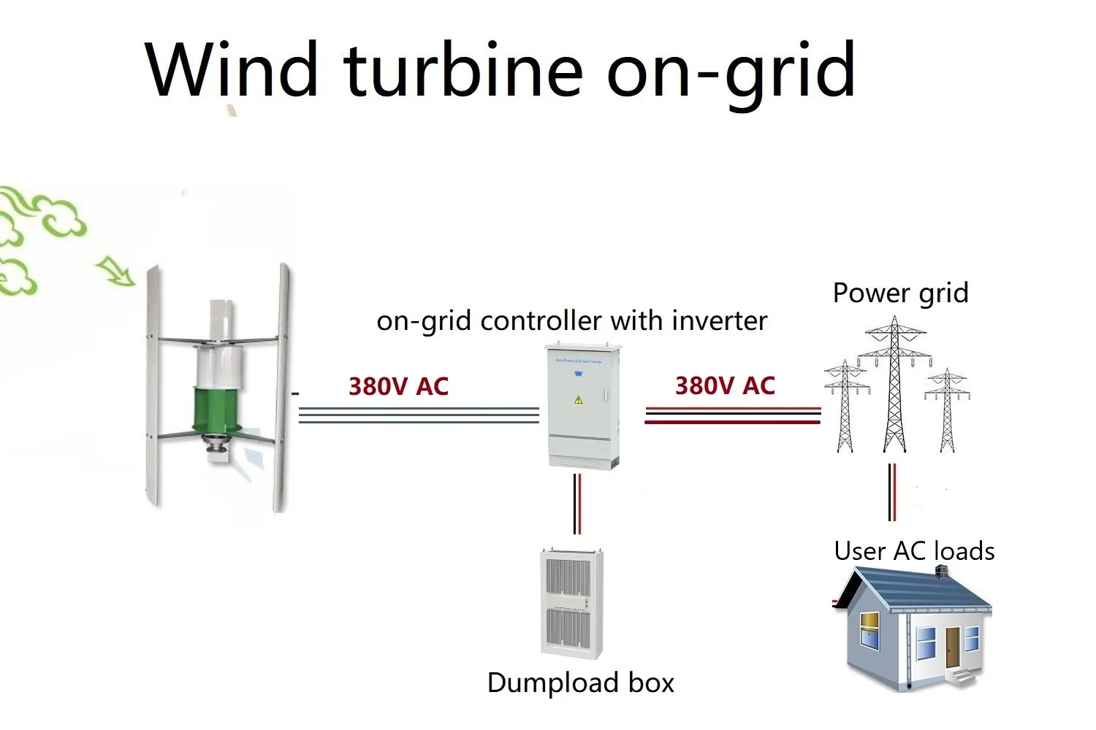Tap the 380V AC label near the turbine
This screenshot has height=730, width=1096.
coord(398,386)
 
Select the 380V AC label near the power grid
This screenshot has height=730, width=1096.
coord(725,385)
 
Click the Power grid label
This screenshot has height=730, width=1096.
coord(900,293)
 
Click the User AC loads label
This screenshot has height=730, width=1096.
coord(914,551)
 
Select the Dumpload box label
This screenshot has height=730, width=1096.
coord(580,683)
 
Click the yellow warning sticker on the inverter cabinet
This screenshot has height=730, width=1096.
coord(578,400)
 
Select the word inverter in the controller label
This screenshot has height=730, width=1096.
coord(720,320)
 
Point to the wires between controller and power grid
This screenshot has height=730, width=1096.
coord(732,415)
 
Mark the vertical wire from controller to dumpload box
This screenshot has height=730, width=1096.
coord(577,504)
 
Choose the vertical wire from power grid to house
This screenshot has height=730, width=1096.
coord(892,492)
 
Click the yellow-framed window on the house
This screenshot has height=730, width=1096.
coord(869,630)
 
